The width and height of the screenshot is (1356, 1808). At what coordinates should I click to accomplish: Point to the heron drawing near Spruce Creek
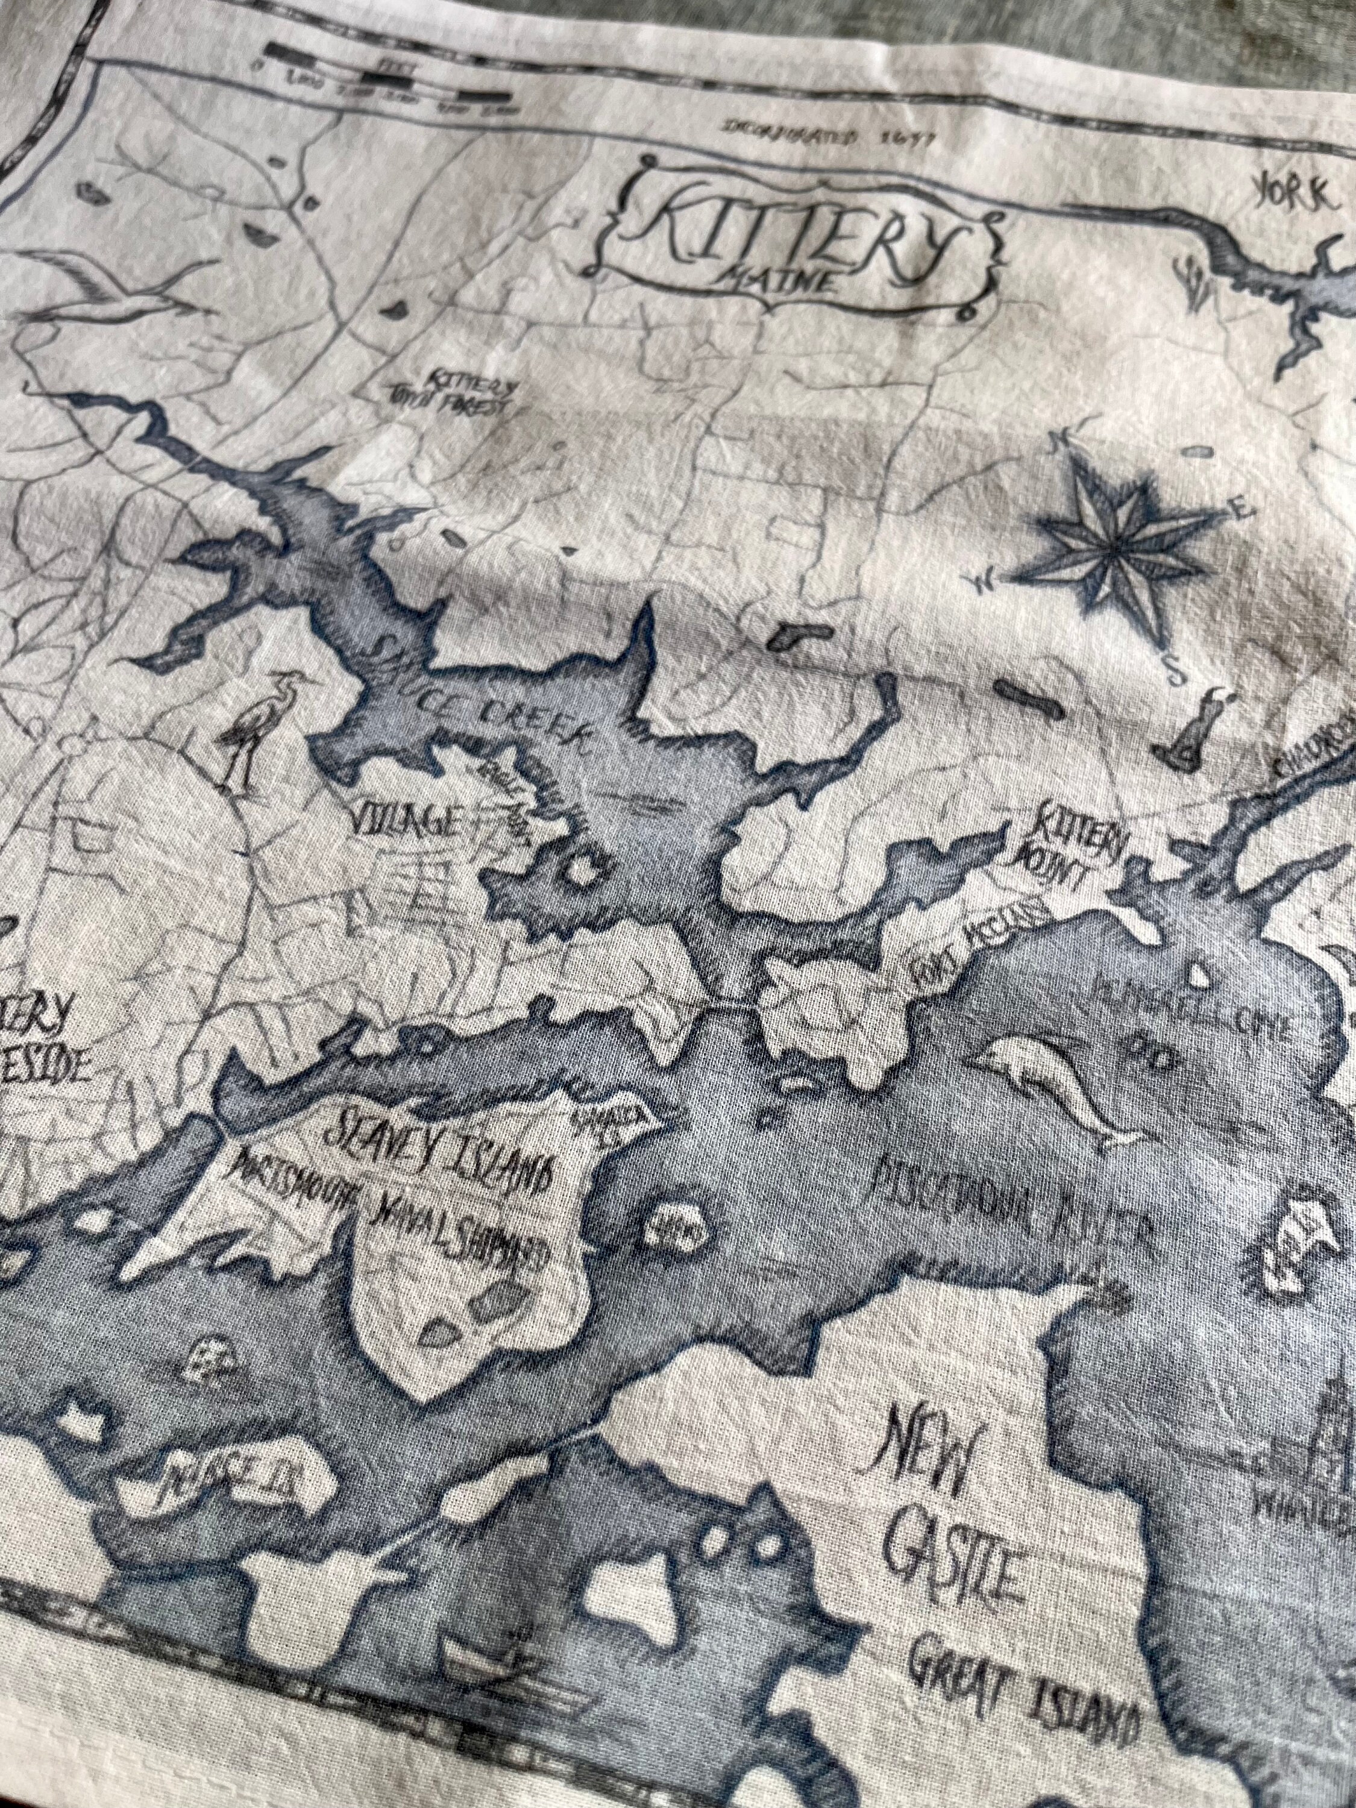[x=245, y=727]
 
